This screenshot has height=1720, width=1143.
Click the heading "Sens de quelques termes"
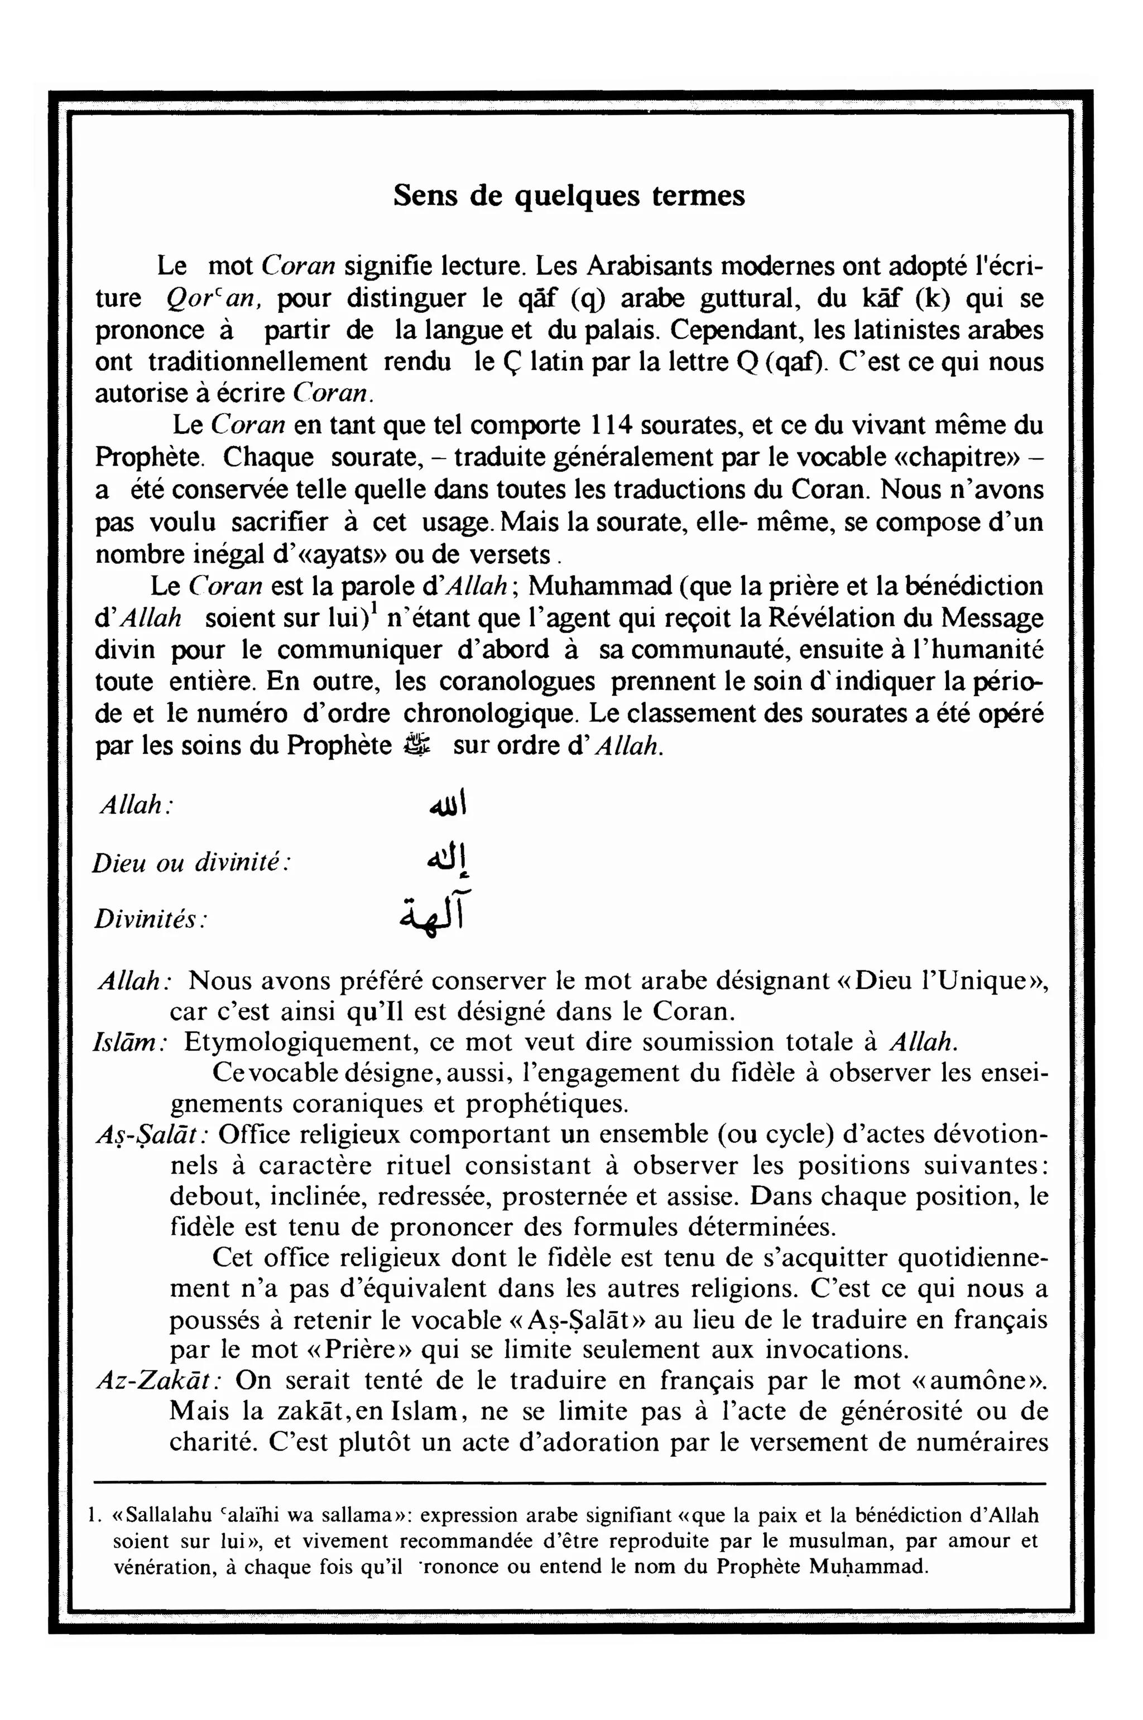(x=569, y=196)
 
